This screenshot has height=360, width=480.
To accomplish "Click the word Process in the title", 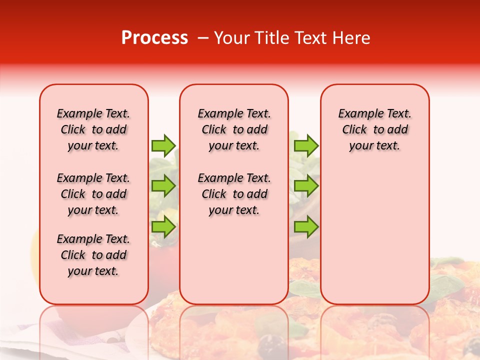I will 154,38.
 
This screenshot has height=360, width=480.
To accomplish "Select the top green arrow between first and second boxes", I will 163,145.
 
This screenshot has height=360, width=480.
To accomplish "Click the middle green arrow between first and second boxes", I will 163,186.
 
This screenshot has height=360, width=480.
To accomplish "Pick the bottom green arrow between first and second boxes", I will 163,227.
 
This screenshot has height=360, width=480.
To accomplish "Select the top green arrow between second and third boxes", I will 306,145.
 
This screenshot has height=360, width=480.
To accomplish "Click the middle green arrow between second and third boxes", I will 306,186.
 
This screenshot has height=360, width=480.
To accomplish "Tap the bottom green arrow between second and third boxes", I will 306,227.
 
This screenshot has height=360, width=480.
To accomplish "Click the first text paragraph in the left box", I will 93,129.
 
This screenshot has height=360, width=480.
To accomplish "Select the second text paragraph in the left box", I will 93,194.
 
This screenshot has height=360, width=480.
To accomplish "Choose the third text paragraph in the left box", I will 93,255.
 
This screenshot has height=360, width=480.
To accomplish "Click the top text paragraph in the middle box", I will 234,129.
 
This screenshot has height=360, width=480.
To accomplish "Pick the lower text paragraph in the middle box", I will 234,194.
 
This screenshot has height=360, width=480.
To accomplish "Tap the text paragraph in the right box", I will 374,129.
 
